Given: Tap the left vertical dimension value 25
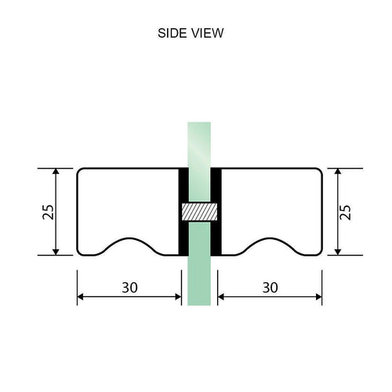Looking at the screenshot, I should (x=47, y=212).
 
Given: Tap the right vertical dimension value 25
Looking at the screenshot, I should (x=347, y=212).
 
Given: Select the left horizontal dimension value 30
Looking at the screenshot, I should (x=129, y=288).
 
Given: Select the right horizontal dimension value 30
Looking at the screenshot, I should (x=270, y=288).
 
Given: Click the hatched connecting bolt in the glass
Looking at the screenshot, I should (x=200, y=212).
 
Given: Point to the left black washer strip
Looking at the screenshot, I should (x=183, y=212).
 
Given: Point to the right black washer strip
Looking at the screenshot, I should (x=218, y=212).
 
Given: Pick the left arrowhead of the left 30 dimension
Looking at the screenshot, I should (x=81, y=296).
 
